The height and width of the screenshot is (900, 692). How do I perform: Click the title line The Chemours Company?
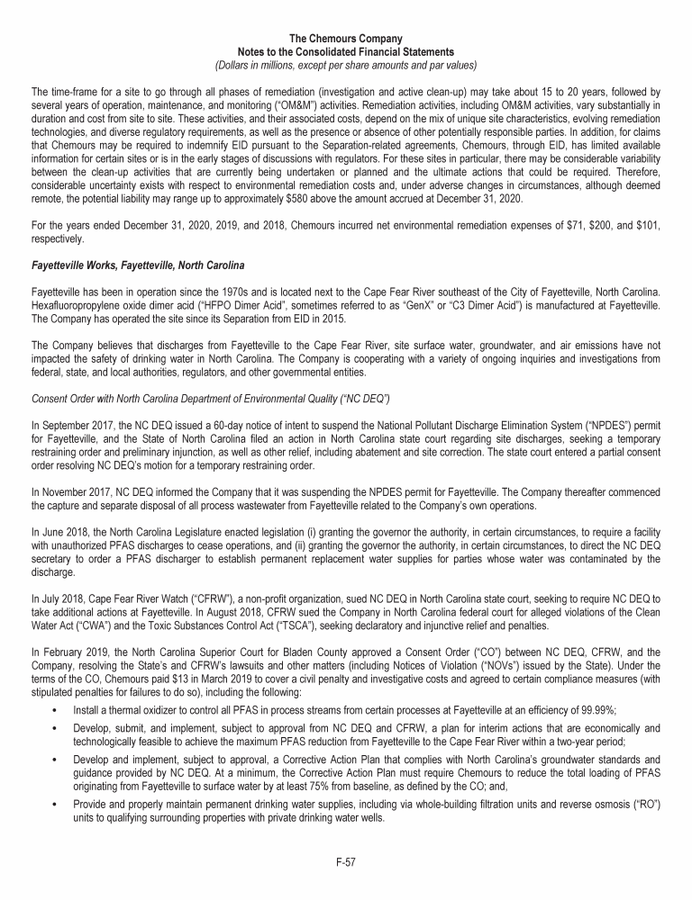pos(346,37)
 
